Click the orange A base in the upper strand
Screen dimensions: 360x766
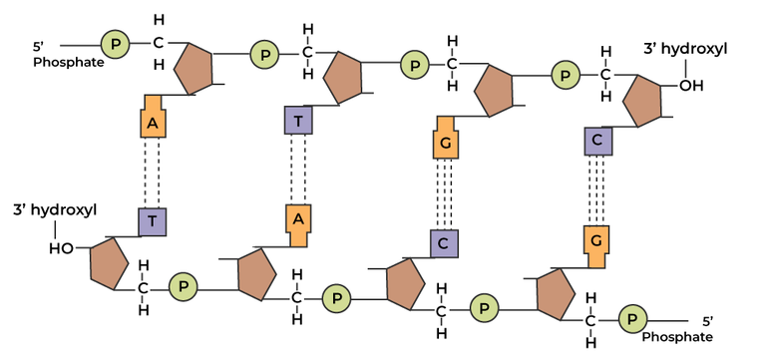(152, 121)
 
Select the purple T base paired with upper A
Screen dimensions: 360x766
(152, 221)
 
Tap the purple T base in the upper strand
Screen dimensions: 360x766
(298, 121)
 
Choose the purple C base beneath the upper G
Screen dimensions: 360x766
(445, 242)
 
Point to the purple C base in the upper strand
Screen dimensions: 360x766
(596, 141)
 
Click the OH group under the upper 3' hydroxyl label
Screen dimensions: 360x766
(690, 86)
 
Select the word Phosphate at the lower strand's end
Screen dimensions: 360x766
(683, 338)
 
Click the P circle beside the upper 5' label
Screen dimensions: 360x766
(115, 43)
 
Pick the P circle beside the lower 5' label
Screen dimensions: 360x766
(632, 319)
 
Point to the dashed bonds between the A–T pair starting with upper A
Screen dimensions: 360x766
(152, 172)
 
